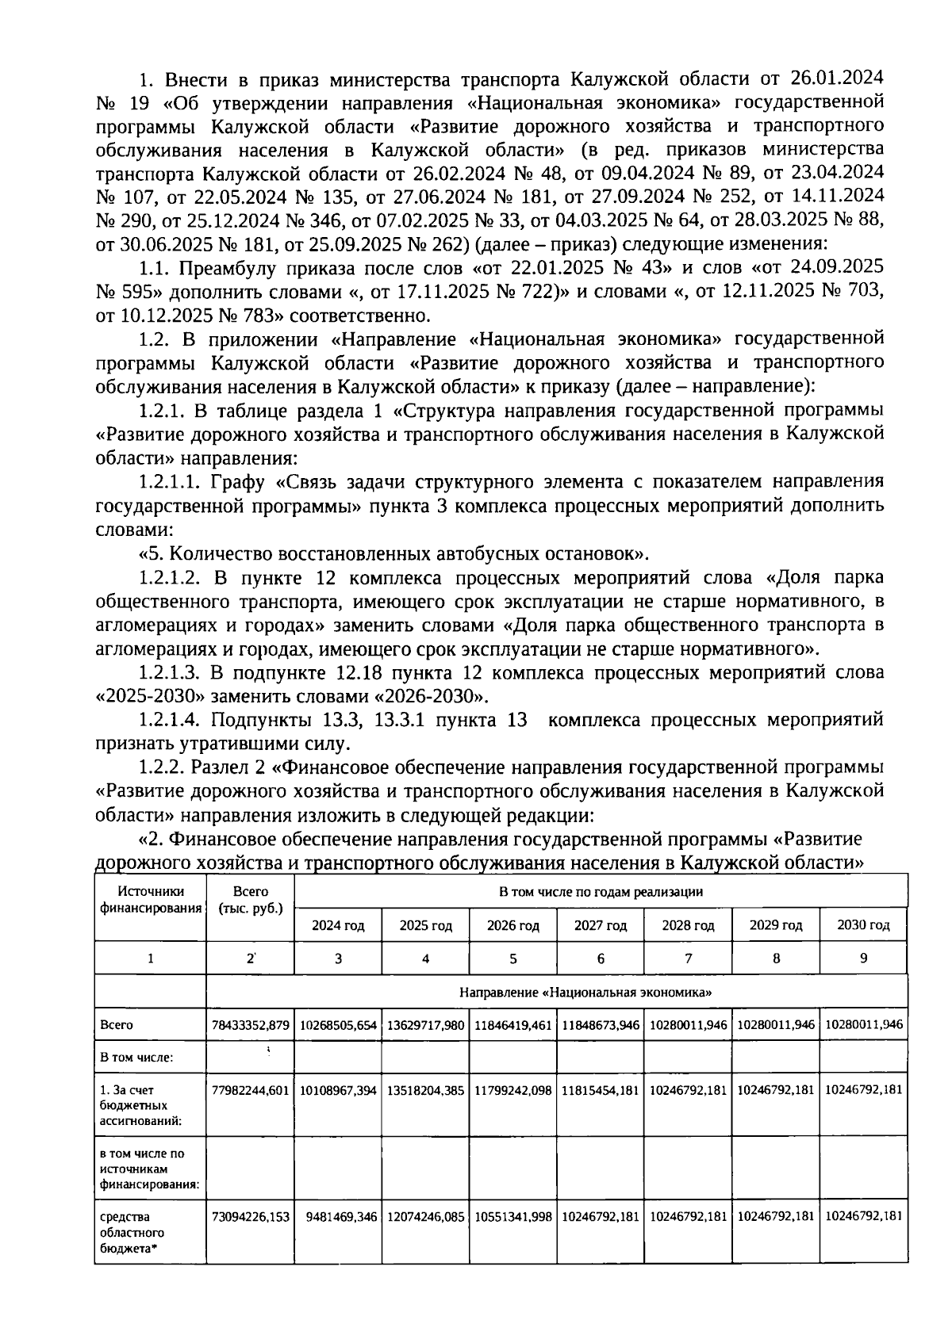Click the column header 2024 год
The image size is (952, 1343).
click(x=338, y=925)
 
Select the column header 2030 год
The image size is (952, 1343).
click(x=863, y=925)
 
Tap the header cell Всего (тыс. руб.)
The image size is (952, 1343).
click(x=250, y=900)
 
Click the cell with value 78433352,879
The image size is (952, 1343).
click(x=250, y=1024)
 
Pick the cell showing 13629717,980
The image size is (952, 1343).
click(x=425, y=1024)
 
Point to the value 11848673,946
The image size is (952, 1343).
click(x=601, y=1024)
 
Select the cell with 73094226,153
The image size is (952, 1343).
click(x=250, y=1216)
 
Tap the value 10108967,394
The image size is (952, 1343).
click(x=338, y=1089)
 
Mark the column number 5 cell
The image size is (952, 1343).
click(x=512, y=958)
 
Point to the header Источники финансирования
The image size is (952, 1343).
click(x=150, y=900)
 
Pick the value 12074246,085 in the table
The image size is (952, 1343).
click(x=425, y=1216)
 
